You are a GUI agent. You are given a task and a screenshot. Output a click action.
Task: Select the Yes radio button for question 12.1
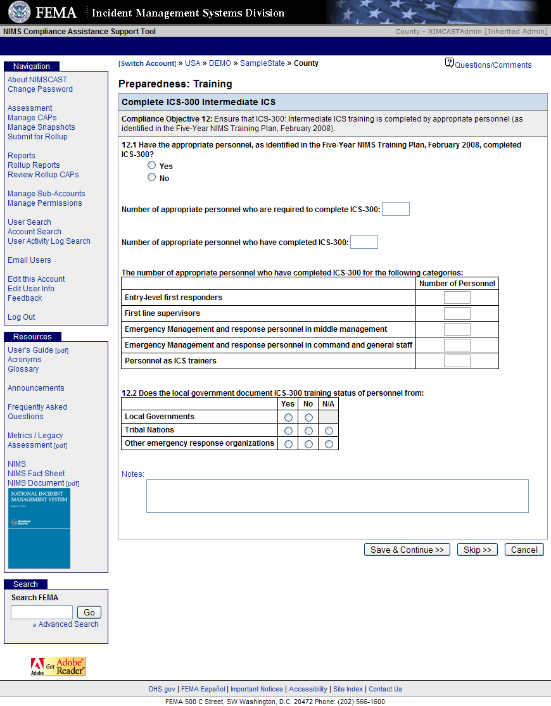coord(151,165)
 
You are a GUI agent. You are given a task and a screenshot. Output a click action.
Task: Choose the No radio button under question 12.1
coord(151,177)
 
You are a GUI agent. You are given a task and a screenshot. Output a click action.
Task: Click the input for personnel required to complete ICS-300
coord(396,209)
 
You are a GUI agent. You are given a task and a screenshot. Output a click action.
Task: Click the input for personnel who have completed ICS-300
coord(364,242)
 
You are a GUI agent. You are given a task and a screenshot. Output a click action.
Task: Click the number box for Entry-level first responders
coord(457,298)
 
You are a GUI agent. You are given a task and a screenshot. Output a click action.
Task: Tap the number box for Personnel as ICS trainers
coord(457,361)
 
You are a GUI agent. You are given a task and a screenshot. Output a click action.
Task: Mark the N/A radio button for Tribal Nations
coord(329,431)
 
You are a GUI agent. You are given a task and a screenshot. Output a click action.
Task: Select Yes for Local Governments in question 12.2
coord(289,417)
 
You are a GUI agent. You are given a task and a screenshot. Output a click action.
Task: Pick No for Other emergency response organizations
coord(308,444)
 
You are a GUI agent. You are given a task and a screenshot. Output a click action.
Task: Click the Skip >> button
coord(478,550)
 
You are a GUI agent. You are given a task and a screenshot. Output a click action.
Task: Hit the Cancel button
coord(524,550)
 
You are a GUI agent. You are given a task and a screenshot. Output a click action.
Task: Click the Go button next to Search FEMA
coord(89,612)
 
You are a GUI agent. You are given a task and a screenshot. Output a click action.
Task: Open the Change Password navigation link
coord(40,89)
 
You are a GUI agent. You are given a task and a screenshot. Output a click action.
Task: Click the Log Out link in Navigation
coord(22,317)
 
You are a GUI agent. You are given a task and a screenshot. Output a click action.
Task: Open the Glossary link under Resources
coord(23,369)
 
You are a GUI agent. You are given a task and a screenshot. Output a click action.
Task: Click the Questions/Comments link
coord(493,65)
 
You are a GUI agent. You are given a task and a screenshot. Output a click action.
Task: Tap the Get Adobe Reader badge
coord(58,667)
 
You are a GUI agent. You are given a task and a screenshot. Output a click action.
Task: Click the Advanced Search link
coord(68,624)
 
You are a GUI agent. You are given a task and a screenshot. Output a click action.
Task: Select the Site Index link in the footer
coord(348,689)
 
